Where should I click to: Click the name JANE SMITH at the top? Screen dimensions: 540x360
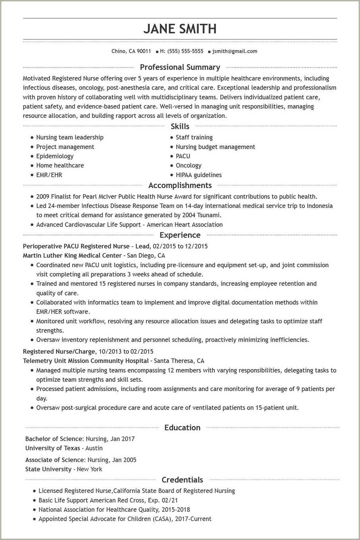tap(180, 29)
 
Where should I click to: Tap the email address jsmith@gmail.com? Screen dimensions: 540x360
tap(234, 51)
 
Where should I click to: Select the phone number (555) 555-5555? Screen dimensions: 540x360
tap(185, 51)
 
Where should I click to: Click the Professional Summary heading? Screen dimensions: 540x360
tap(180, 67)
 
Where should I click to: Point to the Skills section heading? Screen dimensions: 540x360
tap(180, 126)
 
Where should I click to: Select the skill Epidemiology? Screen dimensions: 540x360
tap(55, 156)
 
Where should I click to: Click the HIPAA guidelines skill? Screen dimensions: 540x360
tap(199, 175)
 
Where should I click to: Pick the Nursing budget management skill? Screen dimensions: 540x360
tap(215, 147)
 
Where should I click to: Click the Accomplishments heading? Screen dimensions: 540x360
tap(180, 185)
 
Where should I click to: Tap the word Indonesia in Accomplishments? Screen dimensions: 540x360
tap(319, 206)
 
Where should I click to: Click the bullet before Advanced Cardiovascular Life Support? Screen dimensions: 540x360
tap(32, 225)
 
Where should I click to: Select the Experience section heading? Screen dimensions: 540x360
tap(180, 235)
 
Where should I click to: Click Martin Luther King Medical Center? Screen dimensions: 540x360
tap(72, 256)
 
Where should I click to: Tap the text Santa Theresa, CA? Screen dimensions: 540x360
tap(179, 361)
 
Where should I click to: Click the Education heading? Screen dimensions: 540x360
tap(182, 428)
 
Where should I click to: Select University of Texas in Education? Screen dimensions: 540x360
tap(53, 448)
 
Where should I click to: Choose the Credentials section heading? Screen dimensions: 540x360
tap(182, 480)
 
